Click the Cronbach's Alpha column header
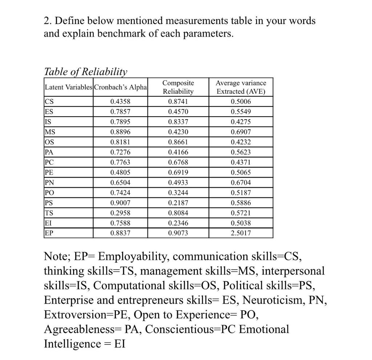tap(120, 87)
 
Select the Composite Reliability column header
tap(178, 87)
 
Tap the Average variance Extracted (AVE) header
tap(241, 87)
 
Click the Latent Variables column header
tap(69, 87)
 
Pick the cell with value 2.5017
tap(241, 233)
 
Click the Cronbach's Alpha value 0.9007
tap(120, 203)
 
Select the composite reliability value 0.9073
tap(178, 233)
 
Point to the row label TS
tap(48, 213)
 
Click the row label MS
tap(49, 132)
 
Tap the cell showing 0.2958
tap(120, 213)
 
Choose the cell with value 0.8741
tap(178, 102)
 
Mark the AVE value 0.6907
tap(241, 132)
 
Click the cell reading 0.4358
tap(120, 102)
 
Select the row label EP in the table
tap(48, 233)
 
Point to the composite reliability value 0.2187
tap(178, 203)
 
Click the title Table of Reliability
tap(86, 72)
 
